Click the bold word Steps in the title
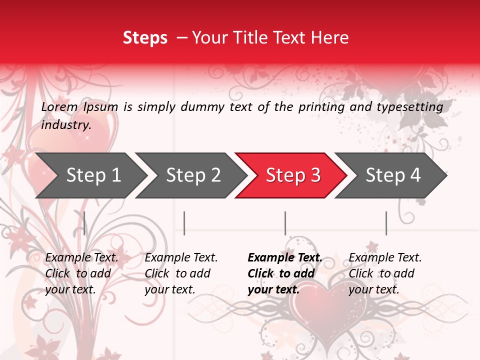click(x=145, y=38)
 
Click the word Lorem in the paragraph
click(x=59, y=106)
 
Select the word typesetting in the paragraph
click(x=412, y=106)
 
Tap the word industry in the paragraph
click(x=65, y=125)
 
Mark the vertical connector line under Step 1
click(x=84, y=223)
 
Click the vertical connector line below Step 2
click(x=184, y=223)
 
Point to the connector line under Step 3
click(x=285, y=223)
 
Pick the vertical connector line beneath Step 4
click(x=386, y=223)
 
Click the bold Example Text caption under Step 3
click(x=284, y=273)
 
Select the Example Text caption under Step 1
click(x=81, y=273)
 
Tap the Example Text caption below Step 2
click(x=181, y=273)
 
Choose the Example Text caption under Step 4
click(x=385, y=273)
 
